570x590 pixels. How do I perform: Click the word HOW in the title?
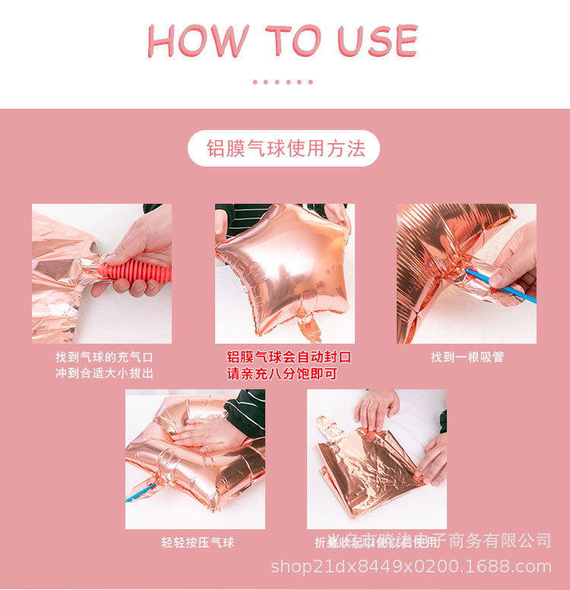tap(198, 41)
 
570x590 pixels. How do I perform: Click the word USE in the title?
tap(378, 41)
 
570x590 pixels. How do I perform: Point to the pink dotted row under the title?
tap(283, 81)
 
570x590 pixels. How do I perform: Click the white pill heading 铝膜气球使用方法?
tap(283, 148)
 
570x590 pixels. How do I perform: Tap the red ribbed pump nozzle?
tap(138, 270)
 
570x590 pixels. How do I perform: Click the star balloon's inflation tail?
tap(309, 327)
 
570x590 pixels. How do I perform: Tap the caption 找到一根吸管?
tap(467, 357)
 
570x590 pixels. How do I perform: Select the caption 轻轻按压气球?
tap(197, 543)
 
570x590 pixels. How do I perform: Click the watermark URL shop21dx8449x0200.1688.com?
tap(411, 566)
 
